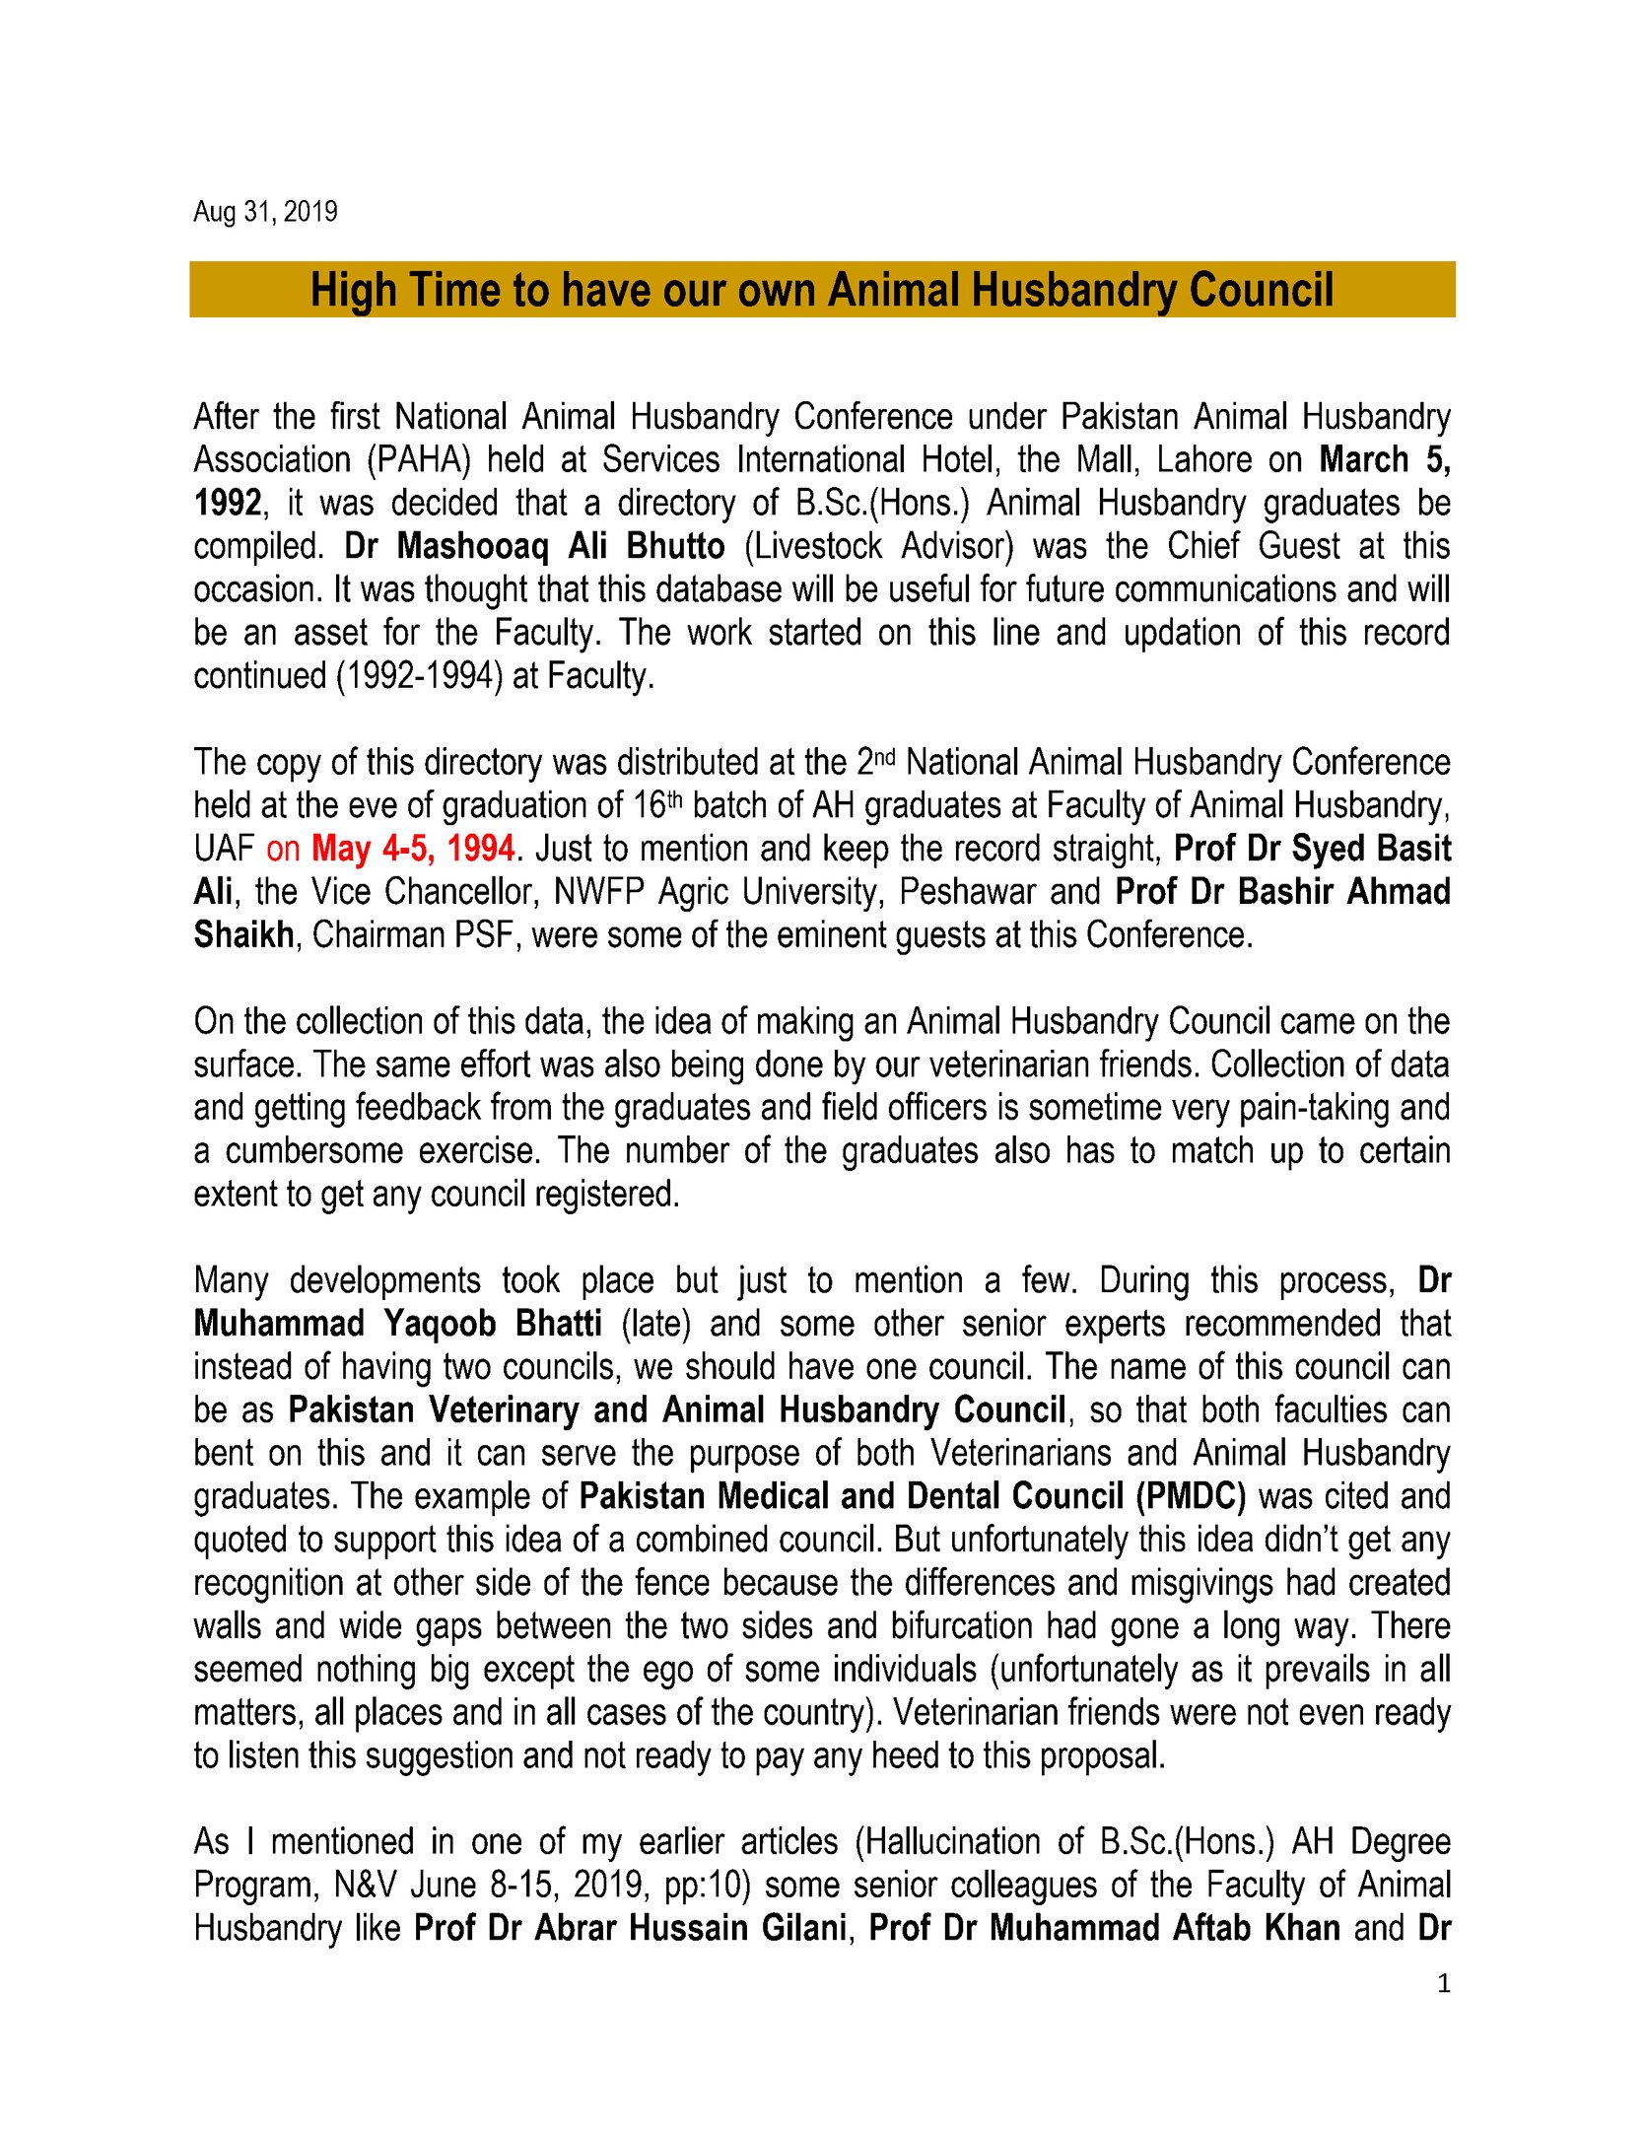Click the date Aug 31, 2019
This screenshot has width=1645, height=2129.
pos(265,212)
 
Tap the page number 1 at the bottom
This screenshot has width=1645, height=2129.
pos(1444,1984)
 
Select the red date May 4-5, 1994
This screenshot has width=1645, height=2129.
pos(413,849)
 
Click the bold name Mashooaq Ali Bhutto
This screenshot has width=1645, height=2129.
pos(561,546)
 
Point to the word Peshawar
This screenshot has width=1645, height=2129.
pos(965,892)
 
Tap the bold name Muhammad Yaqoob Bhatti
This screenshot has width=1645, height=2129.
pos(397,1324)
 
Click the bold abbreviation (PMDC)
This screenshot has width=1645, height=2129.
pos(1190,1496)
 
